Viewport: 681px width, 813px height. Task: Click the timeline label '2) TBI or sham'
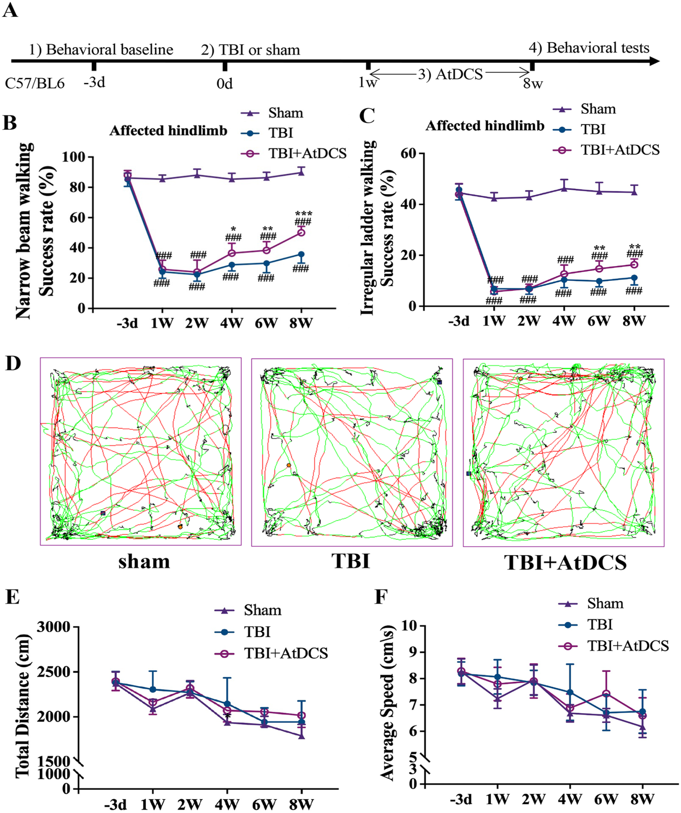(x=250, y=50)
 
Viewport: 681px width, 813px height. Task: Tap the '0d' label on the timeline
(x=225, y=84)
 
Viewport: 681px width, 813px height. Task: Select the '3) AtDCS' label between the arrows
(x=450, y=74)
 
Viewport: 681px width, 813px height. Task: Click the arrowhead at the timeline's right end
(x=654, y=61)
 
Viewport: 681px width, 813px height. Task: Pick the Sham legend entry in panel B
(x=271, y=113)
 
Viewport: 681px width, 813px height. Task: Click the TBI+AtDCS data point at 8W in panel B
(x=301, y=232)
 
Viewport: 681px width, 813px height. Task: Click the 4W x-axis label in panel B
(x=232, y=323)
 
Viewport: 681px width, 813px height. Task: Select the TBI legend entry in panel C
(x=579, y=129)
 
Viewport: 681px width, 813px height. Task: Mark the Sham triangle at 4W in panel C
(x=564, y=188)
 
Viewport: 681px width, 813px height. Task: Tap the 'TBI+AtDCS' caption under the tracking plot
(x=566, y=563)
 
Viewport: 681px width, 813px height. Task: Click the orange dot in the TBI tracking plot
(x=289, y=465)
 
